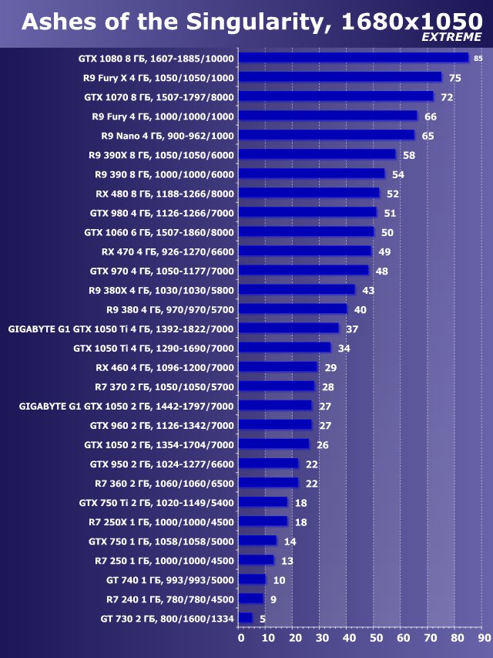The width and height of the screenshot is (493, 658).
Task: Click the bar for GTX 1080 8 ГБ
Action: [x=354, y=58]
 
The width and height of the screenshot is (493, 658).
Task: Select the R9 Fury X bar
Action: [x=340, y=77]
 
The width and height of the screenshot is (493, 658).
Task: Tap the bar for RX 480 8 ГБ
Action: [x=309, y=193]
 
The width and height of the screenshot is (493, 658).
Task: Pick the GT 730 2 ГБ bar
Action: [x=246, y=618]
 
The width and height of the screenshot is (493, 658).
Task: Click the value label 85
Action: [x=478, y=59]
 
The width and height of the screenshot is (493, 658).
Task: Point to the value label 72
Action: [x=446, y=97]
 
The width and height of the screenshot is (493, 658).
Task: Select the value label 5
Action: [x=263, y=618]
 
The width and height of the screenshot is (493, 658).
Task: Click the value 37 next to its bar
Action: [x=352, y=329]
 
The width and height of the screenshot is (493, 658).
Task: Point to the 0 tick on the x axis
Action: [x=240, y=638]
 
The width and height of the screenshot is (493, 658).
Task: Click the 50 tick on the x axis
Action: [x=376, y=638]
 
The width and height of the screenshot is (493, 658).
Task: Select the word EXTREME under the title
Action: [x=451, y=37]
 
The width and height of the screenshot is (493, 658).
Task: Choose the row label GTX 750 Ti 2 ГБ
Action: [x=156, y=502]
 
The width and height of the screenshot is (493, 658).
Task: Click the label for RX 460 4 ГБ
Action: [x=165, y=367]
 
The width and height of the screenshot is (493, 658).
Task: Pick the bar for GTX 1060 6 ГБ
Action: [x=307, y=231]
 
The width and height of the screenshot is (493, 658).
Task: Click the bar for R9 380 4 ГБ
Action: [x=293, y=309]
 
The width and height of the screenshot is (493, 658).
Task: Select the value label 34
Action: [x=344, y=348]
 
